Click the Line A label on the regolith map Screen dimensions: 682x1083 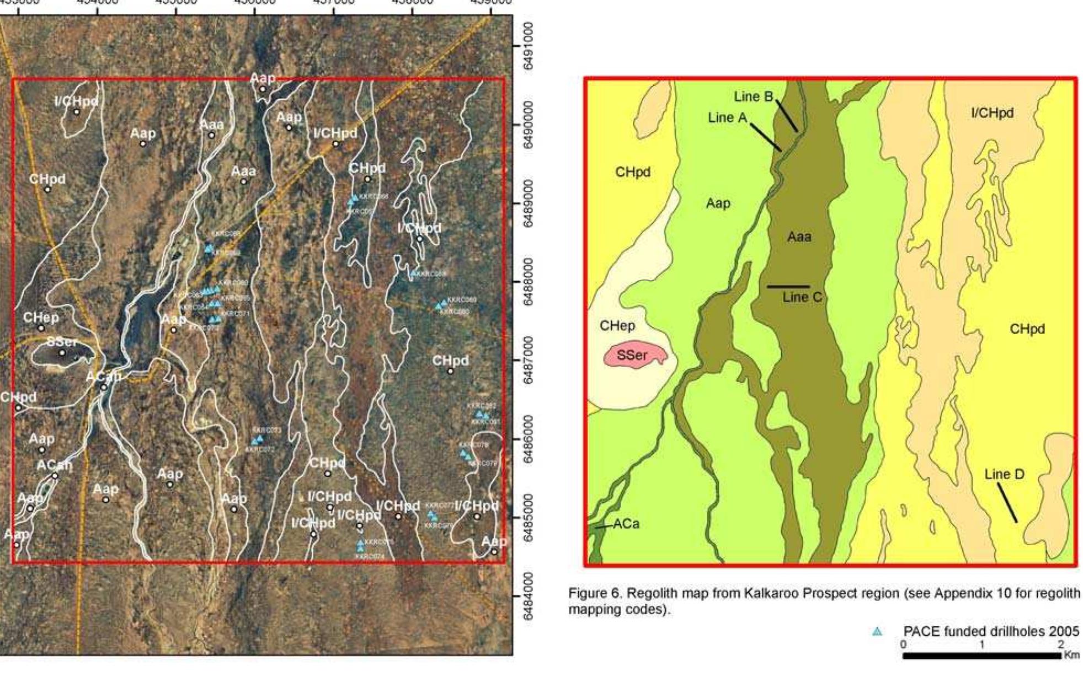tap(727, 117)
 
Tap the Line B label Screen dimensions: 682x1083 tap(753, 96)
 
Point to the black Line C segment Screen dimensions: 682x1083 tap(788, 287)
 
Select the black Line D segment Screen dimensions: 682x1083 tap(1007, 503)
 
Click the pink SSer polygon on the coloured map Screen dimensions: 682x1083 tap(634, 356)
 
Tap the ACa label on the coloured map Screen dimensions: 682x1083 tap(626, 523)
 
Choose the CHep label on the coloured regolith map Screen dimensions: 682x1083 tap(617, 326)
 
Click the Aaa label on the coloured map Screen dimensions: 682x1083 tap(799, 237)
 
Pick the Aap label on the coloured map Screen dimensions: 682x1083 tap(718, 203)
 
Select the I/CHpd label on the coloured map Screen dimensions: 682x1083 tap(992, 113)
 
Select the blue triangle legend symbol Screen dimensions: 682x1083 tap(877, 632)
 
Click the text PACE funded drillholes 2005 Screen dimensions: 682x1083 tap(991, 632)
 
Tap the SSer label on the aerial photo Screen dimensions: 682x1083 tap(62, 342)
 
